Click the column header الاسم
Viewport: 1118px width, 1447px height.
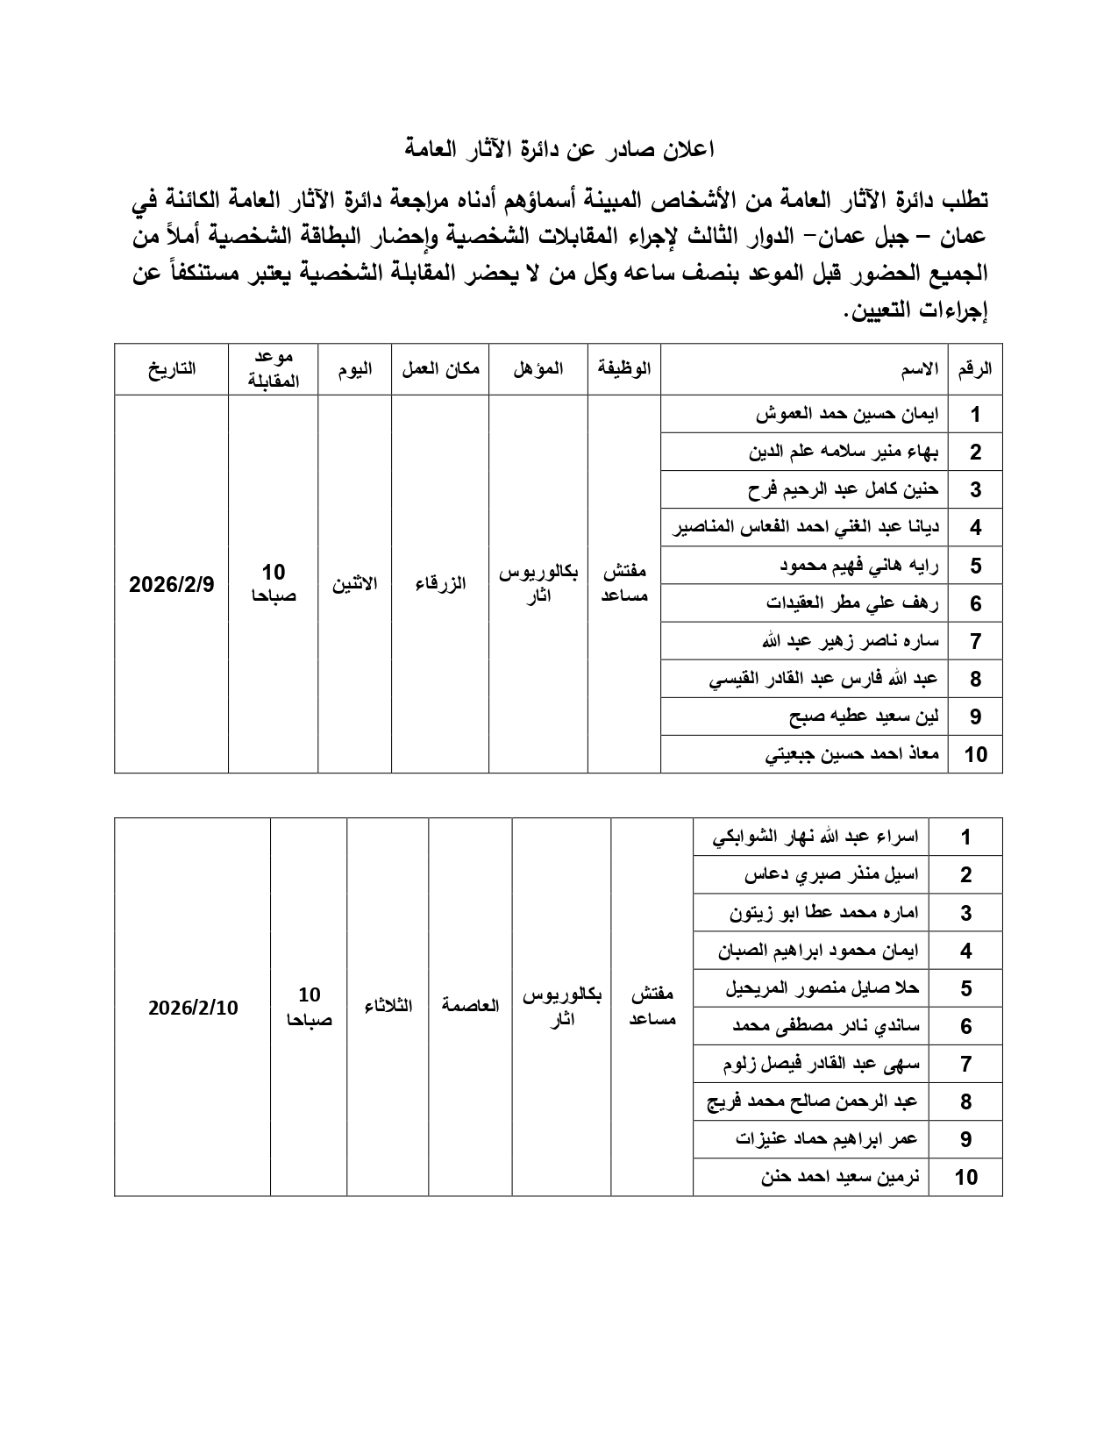[x=920, y=369]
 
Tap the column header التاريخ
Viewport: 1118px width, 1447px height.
[x=171, y=369]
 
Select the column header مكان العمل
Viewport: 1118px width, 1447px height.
[x=440, y=369]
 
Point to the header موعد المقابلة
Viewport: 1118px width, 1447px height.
[x=274, y=369]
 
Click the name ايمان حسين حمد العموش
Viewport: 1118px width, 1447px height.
[x=847, y=414]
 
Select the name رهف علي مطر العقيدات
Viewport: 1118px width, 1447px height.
[x=852, y=603]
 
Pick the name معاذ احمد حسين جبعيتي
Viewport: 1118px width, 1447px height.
[x=852, y=754]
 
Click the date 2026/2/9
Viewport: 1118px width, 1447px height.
[x=172, y=584]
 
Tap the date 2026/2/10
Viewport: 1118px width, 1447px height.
[x=193, y=1008]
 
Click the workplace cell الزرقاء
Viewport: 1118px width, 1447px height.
[x=440, y=584]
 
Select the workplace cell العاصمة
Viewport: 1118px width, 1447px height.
[x=470, y=1006]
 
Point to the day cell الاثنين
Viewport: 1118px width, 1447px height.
[x=354, y=584]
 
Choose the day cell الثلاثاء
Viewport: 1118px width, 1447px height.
[x=388, y=1006]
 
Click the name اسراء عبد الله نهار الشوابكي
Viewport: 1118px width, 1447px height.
[x=815, y=837]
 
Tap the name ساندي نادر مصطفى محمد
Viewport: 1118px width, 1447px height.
[x=826, y=1026]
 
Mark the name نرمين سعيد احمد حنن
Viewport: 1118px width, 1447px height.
[x=840, y=1177]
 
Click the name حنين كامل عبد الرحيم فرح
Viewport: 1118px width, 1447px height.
[x=844, y=489]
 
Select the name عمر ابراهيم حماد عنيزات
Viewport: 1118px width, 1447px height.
[x=827, y=1139]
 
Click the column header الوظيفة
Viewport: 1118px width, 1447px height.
[x=624, y=369]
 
